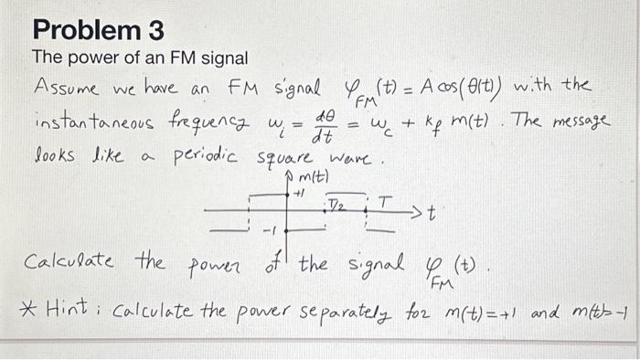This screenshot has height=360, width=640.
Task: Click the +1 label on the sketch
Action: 298,194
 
